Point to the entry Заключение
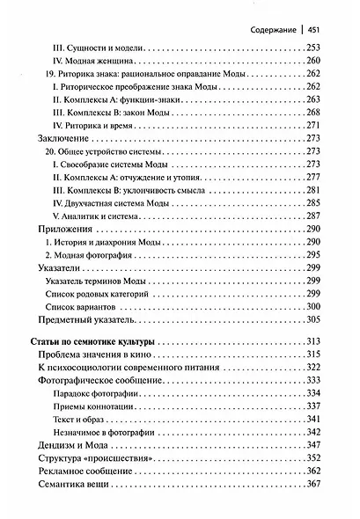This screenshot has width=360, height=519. tap(65, 139)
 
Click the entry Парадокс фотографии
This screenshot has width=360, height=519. tap(97, 392)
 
